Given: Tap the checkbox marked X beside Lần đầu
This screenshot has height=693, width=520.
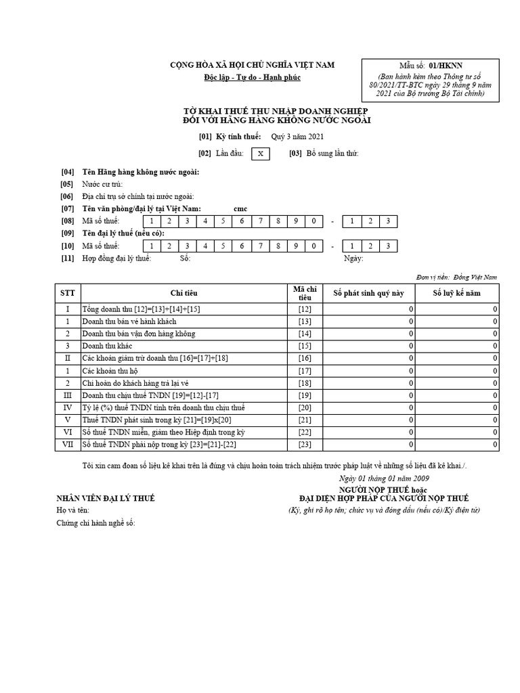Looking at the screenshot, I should pos(260,154).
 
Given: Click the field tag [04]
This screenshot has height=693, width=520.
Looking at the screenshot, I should pos(67,172).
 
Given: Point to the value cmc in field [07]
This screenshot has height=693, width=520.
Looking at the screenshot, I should pos(240,208).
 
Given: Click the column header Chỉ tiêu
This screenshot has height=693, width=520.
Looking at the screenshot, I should pos(184,293).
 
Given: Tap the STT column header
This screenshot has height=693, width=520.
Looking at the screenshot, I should pos(68,293).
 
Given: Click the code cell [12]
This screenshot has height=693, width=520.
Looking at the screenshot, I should pos(305,309).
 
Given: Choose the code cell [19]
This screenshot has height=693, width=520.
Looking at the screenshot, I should pos(305,395).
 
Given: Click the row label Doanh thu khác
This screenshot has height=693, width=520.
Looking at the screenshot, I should pos(107,346).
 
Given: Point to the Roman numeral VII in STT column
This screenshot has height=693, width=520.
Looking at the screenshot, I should pos(68,445).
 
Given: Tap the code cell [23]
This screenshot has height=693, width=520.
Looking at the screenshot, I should pos(305,445).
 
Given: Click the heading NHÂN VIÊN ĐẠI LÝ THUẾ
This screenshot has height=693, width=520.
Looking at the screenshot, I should pos(106,499).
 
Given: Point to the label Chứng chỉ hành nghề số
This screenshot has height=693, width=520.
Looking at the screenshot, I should pos(95,523).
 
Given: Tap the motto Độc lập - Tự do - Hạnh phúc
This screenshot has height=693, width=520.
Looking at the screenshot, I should pos(252,78).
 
